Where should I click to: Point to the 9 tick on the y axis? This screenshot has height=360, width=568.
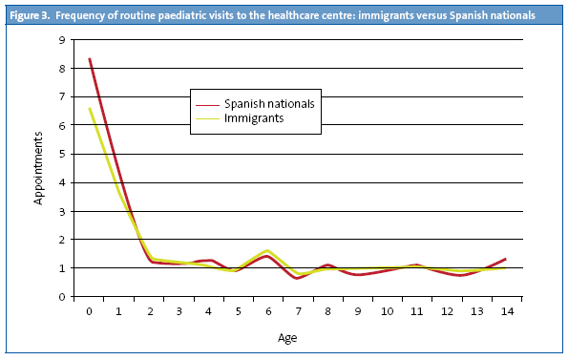tap(62, 39)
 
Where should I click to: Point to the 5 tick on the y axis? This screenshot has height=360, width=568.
tap(62, 154)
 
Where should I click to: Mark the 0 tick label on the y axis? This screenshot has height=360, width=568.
tap(62, 297)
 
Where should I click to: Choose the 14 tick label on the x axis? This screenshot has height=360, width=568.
tap(505, 312)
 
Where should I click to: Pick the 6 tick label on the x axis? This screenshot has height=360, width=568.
tap(268, 312)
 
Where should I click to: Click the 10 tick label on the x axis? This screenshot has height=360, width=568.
tap(387, 312)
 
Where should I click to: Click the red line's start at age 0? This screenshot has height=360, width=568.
tap(90, 58)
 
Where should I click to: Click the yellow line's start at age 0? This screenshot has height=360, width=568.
tap(90, 108)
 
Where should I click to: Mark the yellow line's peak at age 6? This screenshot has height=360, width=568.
tap(267, 250)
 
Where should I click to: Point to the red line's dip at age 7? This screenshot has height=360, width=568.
tap(298, 278)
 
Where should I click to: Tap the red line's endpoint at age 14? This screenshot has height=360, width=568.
tap(505, 259)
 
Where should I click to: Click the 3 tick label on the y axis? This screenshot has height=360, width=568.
tap(62, 211)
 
